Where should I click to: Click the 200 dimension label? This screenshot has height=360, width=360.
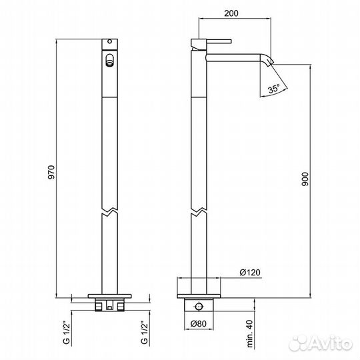tap(231, 13)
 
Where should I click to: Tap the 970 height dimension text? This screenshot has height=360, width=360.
tap(51, 172)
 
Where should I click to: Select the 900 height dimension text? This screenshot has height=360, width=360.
tap(305, 179)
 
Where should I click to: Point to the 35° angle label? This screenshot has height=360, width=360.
tap(274, 89)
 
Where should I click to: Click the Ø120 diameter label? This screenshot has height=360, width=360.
tap(250, 273)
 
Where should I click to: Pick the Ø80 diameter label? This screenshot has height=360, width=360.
tap(199, 324)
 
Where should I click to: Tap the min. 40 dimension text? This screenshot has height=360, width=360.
tap(250, 333)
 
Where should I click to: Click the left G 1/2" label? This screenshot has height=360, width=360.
tap(66, 332)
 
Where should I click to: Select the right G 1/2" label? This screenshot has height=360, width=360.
tap(144, 332)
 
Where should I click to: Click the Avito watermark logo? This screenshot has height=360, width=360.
tap(321, 343)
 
